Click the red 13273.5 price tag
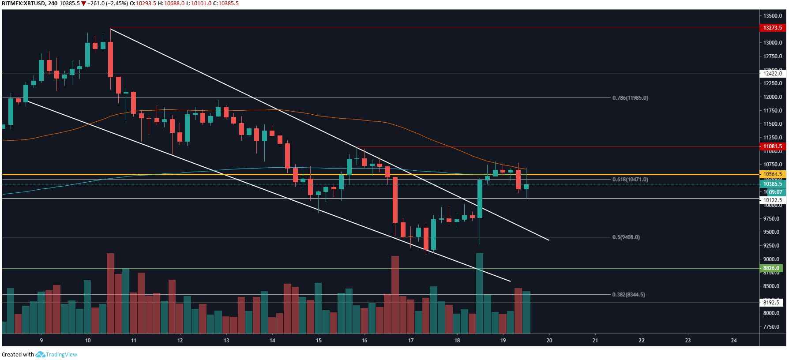[x=772, y=28]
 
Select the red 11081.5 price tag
[x=772, y=146]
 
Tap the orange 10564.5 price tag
[x=772, y=174]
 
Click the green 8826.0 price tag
[x=771, y=268]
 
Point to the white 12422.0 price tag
[x=772, y=74]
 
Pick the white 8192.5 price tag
[x=771, y=303]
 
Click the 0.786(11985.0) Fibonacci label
[x=630, y=98]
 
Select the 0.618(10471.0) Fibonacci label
[x=630, y=180]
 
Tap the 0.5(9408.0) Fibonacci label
[x=626, y=237]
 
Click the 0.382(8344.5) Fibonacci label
[x=628, y=295]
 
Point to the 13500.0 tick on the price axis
[x=773, y=16]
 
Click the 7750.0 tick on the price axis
[x=771, y=327]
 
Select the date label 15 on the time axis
[x=319, y=341]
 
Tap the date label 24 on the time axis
[x=734, y=341]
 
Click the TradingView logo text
[x=61, y=355]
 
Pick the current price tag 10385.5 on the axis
[x=772, y=184]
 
